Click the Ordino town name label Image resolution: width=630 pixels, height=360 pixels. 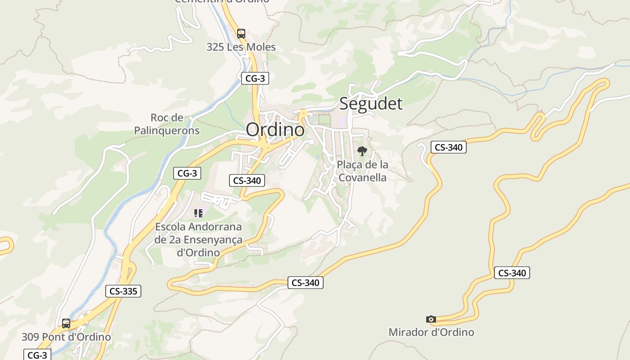click(275, 130)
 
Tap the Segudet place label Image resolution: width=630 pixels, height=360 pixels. click(371, 103)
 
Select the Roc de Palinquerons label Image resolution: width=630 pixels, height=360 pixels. click(167, 124)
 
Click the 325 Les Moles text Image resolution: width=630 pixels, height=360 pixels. click(241, 47)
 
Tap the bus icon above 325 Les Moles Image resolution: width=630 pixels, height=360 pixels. click(241, 34)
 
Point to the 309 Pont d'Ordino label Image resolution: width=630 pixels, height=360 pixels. click(66, 337)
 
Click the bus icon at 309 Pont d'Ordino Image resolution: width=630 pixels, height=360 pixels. click(66, 324)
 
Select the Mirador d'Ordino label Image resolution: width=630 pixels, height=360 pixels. click(431, 332)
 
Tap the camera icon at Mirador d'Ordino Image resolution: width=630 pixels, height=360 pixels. click(431, 319)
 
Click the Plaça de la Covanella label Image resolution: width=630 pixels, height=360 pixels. click(362, 171)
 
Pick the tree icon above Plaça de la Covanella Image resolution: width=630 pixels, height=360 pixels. click(362, 151)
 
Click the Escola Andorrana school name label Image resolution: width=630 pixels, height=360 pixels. click(198, 239)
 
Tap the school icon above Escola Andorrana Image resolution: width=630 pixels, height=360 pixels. click(198, 213)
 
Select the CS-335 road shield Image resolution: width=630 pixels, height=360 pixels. click(123, 291)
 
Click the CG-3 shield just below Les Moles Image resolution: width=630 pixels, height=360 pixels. click(255, 78)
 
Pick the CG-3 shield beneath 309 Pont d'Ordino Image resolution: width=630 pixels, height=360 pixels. click(37, 355)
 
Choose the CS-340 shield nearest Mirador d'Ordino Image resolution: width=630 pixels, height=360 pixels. click(512, 273)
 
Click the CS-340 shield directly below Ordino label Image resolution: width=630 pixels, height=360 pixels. click(247, 180)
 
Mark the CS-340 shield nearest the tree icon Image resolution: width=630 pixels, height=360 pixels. click(449, 147)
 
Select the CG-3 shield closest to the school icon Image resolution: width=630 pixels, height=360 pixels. click(187, 173)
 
